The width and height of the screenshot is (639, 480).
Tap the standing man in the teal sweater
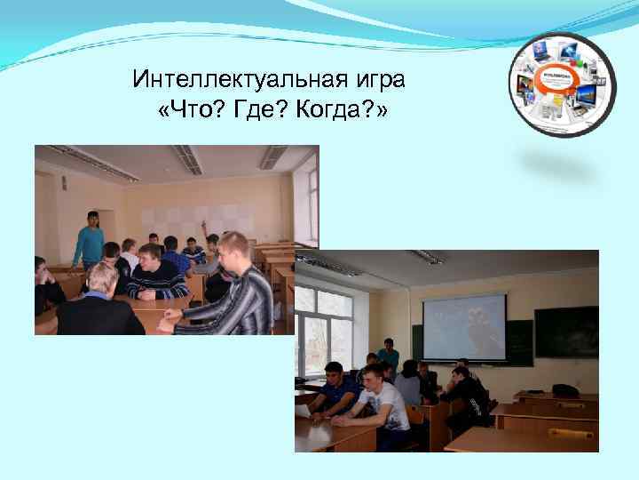pos(87,240)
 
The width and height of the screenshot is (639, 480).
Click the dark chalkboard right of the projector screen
pos(566,331)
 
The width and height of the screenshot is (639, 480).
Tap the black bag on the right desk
pos(564,390)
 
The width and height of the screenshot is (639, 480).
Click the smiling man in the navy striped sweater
pos(158,273)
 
